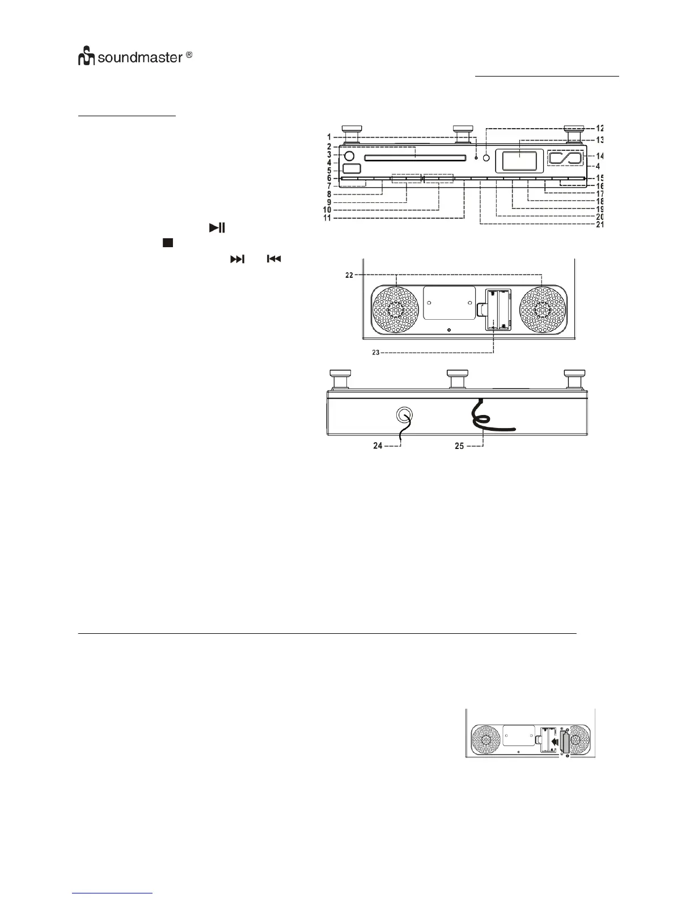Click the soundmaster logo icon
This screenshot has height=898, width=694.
pos(87,57)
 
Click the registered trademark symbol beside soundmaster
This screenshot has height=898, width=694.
pos(189,56)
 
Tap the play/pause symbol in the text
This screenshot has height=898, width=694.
pos(217,228)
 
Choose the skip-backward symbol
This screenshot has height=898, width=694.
pos(274,259)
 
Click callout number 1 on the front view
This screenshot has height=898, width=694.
pos(329,137)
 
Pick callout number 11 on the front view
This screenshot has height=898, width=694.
pos(327,218)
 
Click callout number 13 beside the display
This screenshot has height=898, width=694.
pos(599,139)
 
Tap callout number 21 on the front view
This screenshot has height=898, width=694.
pos(599,224)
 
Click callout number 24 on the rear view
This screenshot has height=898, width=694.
pos(378,446)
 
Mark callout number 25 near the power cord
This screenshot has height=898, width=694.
pos(459,446)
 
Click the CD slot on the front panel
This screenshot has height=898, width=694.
pos(416,159)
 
